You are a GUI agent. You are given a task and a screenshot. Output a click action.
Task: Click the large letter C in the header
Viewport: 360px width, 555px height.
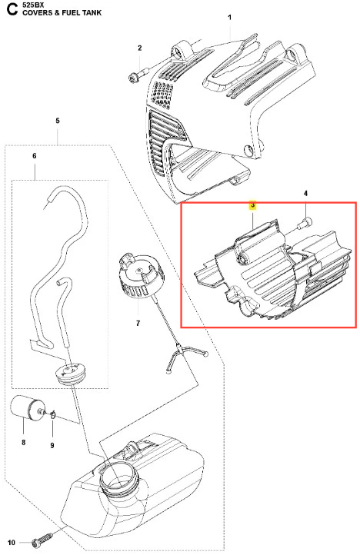click(x=12, y=9)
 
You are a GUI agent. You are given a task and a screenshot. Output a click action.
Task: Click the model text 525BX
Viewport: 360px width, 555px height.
click(x=33, y=5)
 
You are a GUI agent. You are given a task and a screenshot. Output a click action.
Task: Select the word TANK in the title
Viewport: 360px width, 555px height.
click(x=92, y=13)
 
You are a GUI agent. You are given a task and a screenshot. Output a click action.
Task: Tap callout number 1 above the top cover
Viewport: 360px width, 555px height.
click(x=229, y=18)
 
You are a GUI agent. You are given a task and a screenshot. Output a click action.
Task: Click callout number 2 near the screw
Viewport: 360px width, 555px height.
click(x=139, y=48)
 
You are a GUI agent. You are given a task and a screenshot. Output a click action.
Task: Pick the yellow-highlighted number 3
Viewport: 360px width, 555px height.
click(x=252, y=205)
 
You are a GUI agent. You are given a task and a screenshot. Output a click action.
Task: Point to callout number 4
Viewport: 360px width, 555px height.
click(x=305, y=193)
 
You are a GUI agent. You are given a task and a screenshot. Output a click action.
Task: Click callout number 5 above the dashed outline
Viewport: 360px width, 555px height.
click(x=58, y=121)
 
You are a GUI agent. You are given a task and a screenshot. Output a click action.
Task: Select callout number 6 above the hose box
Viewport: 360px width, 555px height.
click(x=35, y=156)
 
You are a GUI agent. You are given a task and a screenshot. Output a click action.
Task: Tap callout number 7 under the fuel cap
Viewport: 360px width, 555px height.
click(x=138, y=323)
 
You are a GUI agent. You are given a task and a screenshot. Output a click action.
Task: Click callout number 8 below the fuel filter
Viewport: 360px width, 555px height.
click(x=23, y=442)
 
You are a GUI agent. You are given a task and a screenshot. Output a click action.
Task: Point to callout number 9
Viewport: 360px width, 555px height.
click(x=52, y=445)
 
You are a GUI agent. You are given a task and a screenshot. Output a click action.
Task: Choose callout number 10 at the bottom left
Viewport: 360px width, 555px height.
click(x=12, y=543)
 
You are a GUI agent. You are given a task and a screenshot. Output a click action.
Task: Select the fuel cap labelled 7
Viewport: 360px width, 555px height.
click(x=140, y=274)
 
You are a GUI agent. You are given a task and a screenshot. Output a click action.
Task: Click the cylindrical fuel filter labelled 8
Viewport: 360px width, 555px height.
click(x=27, y=409)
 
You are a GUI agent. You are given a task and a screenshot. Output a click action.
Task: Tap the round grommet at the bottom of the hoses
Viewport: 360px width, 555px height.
click(x=71, y=374)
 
